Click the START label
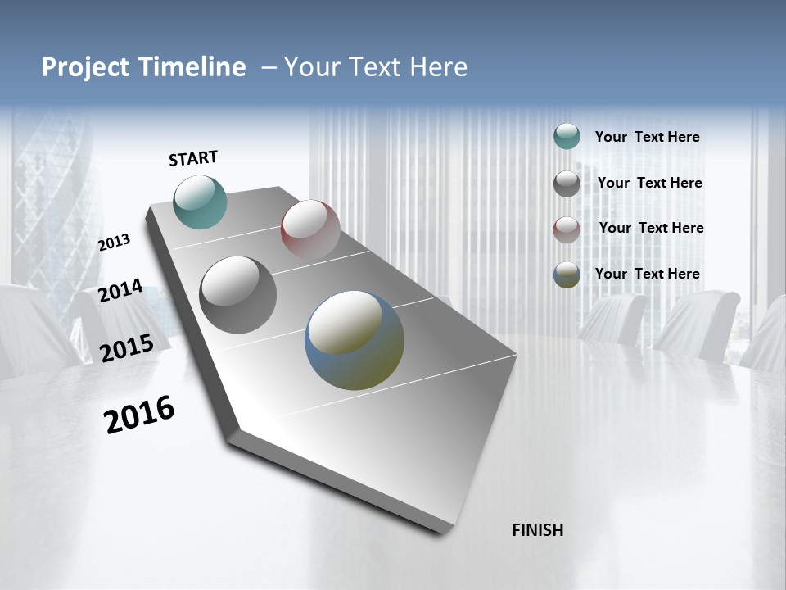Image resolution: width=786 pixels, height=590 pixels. click(x=193, y=157)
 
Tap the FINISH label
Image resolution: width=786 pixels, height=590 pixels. click(x=537, y=530)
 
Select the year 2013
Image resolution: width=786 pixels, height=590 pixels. click(x=115, y=242)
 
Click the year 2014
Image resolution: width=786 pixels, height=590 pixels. click(x=121, y=290)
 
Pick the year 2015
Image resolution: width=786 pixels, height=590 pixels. click(x=127, y=348)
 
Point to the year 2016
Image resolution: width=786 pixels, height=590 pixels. click(x=139, y=415)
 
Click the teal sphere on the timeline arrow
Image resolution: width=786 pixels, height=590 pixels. click(x=200, y=202)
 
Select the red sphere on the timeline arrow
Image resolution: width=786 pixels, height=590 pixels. click(x=310, y=229)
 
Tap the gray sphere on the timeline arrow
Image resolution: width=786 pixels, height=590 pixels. click(x=238, y=295)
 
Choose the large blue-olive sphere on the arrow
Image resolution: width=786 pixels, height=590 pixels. click(x=355, y=340)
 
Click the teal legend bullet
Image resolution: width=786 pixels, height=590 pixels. click(x=567, y=137)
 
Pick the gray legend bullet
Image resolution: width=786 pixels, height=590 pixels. click(x=567, y=184)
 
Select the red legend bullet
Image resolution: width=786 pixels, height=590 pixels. click(x=567, y=229)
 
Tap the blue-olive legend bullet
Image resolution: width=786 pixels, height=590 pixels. click(x=567, y=275)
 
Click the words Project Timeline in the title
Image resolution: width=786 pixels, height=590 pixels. click(x=143, y=67)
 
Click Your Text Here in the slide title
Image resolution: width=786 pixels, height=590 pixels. click(x=376, y=67)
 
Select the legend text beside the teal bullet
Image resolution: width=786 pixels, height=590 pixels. click(x=647, y=138)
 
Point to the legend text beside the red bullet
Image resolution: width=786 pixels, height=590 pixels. click(x=651, y=228)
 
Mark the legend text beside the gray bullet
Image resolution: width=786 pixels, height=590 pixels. click(x=649, y=183)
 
